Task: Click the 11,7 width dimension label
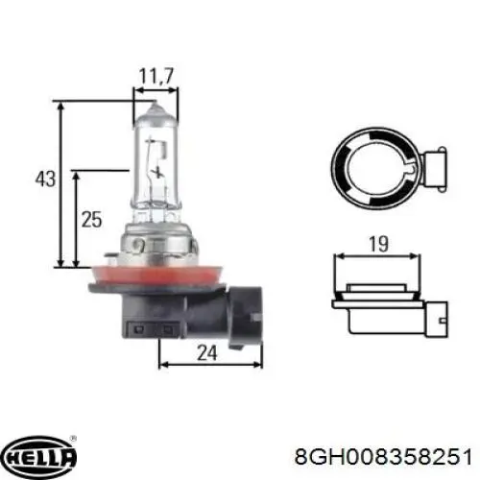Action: (x=156, y=77)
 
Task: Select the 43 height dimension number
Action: (x=45, y=179)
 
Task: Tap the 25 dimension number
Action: (x=91, y=220)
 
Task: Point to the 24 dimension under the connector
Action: (x=207, y=353)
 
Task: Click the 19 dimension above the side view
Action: (x=378, y=244)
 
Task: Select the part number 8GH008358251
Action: (x=383, y=457)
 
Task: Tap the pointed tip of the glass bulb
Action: (x=155, y=102)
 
